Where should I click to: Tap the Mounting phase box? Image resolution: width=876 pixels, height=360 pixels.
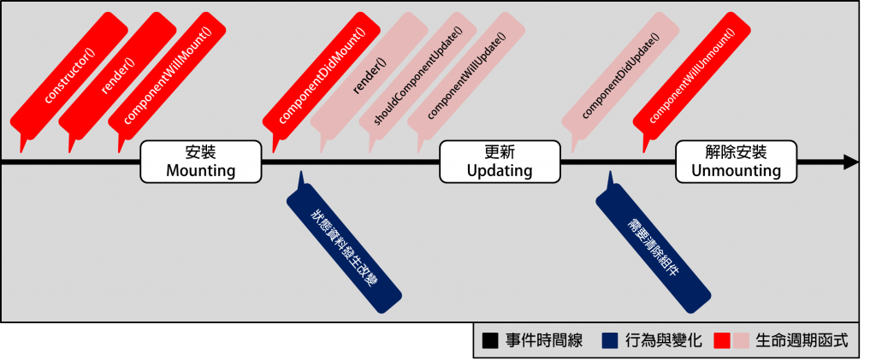click(200, 162)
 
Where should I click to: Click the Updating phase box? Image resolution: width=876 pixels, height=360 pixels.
click(500, 162)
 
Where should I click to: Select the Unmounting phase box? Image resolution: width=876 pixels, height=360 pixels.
click(736, 162)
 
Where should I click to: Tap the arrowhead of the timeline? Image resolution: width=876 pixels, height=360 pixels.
click(851, 162)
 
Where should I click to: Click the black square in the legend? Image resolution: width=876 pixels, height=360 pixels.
click(489, 340)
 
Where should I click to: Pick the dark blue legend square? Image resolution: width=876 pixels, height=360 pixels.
click(610, 340)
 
